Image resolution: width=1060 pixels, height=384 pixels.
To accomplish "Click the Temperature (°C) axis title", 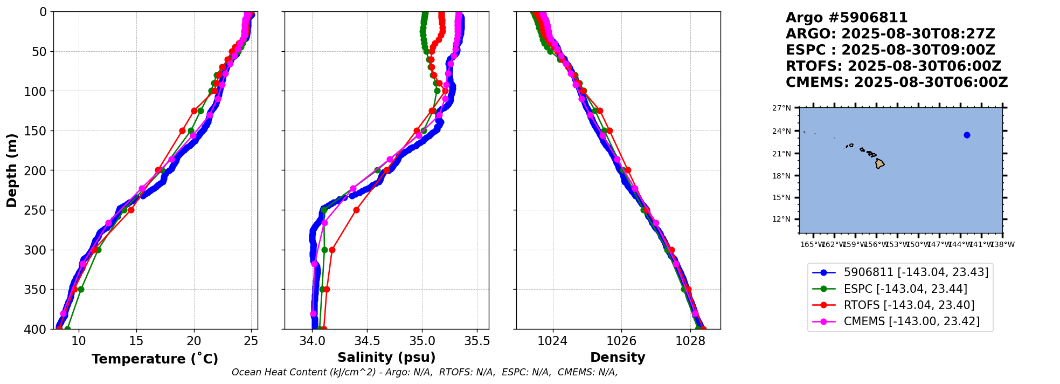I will click(155, 359).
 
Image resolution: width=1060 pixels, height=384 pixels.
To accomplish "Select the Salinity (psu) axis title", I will click(386, 358).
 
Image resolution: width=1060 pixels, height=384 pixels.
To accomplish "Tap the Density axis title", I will click(618, 358).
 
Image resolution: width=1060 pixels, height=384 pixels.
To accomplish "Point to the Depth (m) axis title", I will click(12, 170).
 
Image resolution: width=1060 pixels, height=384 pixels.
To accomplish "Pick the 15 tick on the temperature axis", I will click(136, 341).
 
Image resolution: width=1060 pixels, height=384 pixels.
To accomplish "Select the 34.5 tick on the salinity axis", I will click(367, 341).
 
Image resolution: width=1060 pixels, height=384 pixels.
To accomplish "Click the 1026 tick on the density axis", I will click(621, 341).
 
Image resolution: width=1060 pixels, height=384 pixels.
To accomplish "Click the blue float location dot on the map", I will click(967, 135).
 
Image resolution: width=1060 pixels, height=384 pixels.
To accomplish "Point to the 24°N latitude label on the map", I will click(782, 131).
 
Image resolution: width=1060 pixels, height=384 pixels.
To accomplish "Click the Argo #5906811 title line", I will click(846, 18).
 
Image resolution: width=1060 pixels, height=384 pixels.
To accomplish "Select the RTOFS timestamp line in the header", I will click(893, 66).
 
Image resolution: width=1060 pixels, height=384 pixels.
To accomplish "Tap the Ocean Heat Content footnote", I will click(425, 372).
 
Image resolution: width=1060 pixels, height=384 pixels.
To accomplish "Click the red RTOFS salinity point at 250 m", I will click(356, 210).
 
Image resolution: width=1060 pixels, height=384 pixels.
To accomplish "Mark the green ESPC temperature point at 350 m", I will click(81, 289).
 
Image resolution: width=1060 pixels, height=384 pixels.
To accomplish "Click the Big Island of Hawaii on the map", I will click(879, 163).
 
